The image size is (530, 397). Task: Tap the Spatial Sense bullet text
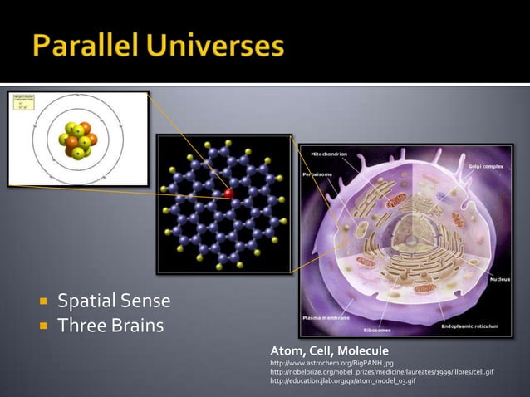(113, 300)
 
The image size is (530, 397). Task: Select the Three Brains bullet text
(110, 324)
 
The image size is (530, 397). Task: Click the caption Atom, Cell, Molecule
(329, 351)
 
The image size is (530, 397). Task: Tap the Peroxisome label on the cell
(317, 176)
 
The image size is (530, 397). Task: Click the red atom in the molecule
(228, 194)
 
